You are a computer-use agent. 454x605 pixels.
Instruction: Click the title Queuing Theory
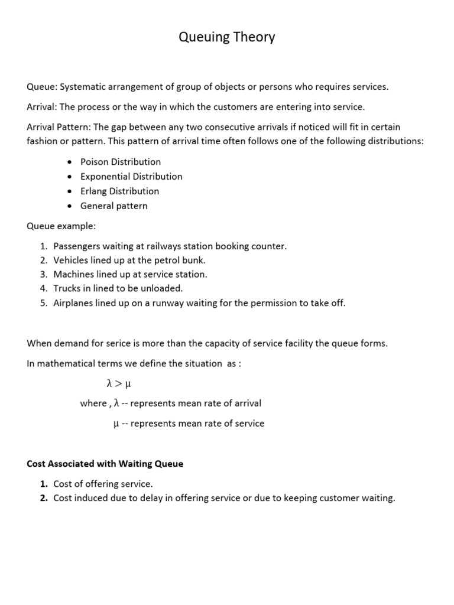pyautogui.click(x=227, y=38)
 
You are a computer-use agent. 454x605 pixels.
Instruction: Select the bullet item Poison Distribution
pyautogui.click(x=121, y=161)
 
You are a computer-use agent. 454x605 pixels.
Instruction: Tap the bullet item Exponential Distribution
pyautogui.click(x=131, y=176)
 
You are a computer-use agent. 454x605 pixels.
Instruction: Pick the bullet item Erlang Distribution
pyautogui.click(x=119, y=191)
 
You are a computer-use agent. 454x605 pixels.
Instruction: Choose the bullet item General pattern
pyautogui.click(x=114, y=206)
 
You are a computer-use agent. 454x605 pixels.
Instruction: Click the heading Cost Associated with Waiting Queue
pyautogui.click(x=105, y=464)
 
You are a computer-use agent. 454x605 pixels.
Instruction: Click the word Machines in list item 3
pyautogui.click(x=73, y=274)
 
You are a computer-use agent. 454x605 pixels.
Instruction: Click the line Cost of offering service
pyautogui.click(x=103, y=483)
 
